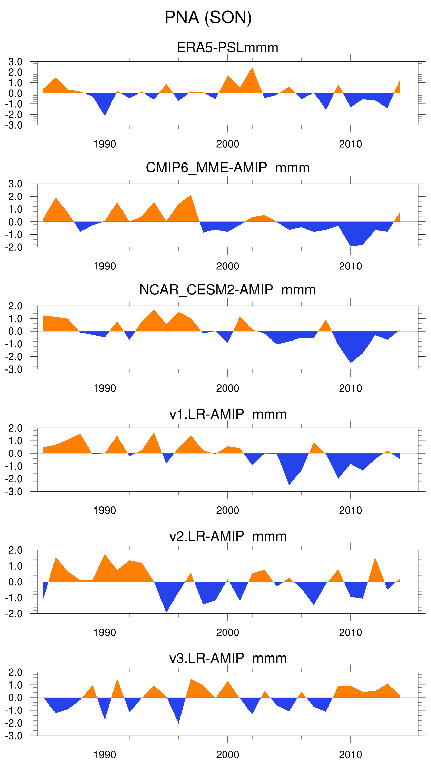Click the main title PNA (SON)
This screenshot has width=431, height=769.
[x=208, y=17]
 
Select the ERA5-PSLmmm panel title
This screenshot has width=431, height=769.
[x=227, y=48]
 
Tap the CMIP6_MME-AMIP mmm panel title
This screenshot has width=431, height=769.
[x=227, y=168]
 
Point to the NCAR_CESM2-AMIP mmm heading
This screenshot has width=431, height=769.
[x=227, y=290]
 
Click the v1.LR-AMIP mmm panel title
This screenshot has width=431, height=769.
[x=227, y=414]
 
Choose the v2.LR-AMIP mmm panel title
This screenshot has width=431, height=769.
[x=227, y=536]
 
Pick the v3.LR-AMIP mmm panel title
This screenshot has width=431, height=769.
[x=227, y=658]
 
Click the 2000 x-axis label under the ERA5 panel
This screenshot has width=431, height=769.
[x=227, y=144]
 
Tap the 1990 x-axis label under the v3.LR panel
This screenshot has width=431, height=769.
[x=105, y=755]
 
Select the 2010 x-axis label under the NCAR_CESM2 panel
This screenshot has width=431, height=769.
[x=350, y=388]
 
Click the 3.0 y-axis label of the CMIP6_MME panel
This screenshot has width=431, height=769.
[x=16, y=184]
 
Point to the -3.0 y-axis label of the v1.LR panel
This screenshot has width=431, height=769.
[x=14, y=492]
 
